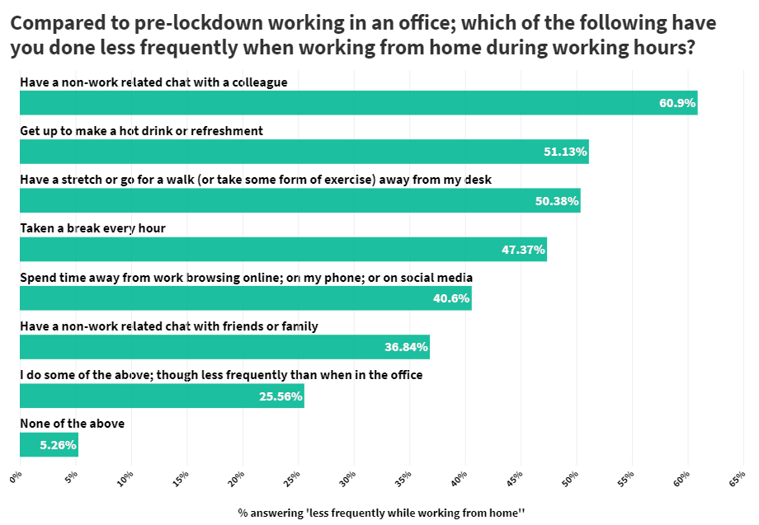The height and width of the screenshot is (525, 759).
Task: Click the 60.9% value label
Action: point(677,103)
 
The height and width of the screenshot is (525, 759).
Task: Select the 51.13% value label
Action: point(565,152)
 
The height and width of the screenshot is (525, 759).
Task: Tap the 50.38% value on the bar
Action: point(557,201)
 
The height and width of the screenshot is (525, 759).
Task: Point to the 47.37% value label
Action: point(523,250)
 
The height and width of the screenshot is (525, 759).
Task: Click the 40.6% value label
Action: point(450,298)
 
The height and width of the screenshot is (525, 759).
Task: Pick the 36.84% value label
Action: point(406,347)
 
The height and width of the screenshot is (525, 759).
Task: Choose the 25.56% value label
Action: point(280,396)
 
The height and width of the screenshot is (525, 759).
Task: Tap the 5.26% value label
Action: point(57,445)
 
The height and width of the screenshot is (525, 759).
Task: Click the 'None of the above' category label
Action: point(72,424)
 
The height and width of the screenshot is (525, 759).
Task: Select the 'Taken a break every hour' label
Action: point(92,228)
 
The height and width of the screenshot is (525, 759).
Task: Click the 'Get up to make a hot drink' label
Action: point(141,130)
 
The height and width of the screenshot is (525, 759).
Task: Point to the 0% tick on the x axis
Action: point(16,476)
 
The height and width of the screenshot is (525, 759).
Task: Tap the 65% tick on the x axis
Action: point(737,477)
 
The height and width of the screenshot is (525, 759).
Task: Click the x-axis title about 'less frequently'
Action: point(381,512)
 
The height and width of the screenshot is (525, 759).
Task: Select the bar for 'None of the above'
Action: point(49,445)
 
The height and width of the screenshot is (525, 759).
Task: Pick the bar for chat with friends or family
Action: point(224,347)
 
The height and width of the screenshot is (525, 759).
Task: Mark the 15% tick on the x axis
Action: point(181,477)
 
